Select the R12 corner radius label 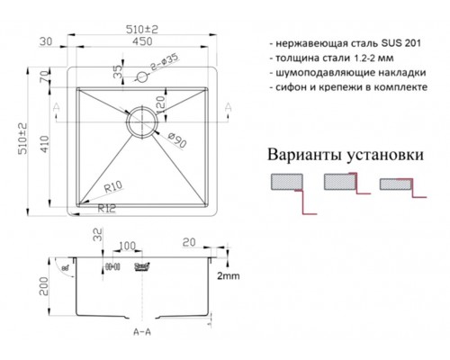tap(108, 209)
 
